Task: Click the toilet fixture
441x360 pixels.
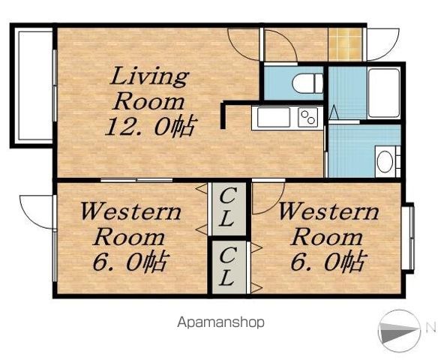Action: (x=307, y=83)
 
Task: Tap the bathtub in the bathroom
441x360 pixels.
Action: (x=384, y=93)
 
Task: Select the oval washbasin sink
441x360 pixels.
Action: (x=385, y=161)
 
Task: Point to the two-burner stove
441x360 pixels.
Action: (x=308, y=117)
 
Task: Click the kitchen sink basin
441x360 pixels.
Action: (x=273, y=117)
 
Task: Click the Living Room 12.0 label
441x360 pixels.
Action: (x=151, y=101)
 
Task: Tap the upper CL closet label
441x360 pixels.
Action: (x=227, y=208)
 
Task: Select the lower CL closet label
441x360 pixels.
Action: (x=227, y=266)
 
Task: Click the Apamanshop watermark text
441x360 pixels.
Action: (x=220, y=322)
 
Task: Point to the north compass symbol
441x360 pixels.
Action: (x=399, y=331)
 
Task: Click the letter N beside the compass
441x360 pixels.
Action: (x=432, y=328)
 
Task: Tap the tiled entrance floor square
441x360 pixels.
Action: (x=345, y=44)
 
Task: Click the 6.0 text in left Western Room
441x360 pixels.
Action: (x=131, y=261)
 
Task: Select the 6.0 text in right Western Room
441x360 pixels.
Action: (x=328, y=261)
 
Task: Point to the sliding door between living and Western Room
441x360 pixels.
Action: (x=136, y=180)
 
